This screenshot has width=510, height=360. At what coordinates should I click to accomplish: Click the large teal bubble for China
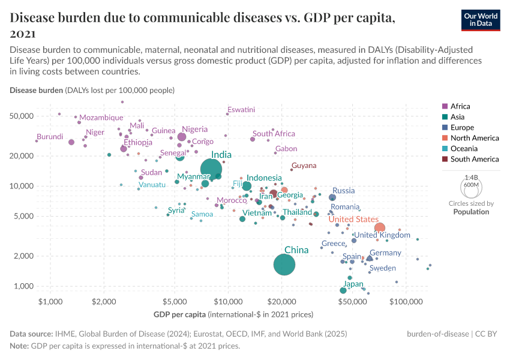(284, 265)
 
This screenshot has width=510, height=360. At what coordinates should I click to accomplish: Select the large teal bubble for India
(211, 170)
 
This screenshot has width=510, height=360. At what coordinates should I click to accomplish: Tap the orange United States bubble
(379, 228)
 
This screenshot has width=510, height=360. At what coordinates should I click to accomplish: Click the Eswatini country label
(241, 110)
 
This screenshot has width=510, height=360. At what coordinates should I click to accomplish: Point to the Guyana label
(304, 166)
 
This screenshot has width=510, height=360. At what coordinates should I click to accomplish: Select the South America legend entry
(474, 159)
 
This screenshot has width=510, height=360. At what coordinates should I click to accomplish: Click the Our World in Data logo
(481, 20)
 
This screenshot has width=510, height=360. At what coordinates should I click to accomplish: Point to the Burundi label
(49, 137)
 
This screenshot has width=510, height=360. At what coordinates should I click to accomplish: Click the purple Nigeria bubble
(182, 137)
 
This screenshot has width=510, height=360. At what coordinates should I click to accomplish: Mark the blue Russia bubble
(332, 197)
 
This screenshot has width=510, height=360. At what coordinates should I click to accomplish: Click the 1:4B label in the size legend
(472, 178)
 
